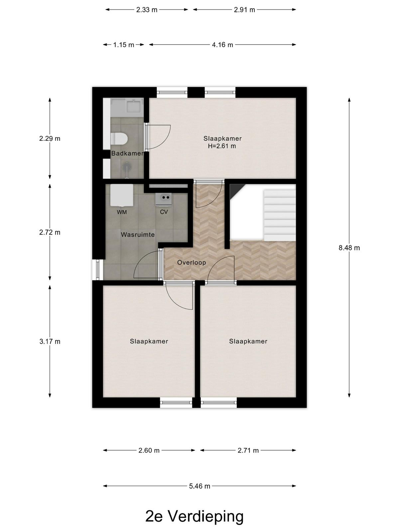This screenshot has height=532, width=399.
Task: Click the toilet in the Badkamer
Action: pos(119,139)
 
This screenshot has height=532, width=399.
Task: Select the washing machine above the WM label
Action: pos(122,196)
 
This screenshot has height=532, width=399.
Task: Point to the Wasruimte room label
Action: pos(138,235)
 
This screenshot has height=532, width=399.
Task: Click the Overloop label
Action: pos(192,262)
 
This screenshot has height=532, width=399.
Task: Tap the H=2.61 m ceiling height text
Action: pos(222,146)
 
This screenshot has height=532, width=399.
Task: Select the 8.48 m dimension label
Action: pos(349,248)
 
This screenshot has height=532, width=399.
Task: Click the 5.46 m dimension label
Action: pos(199,486)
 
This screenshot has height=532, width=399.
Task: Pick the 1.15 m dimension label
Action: pos(124,45)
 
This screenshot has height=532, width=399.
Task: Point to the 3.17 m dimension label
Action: pos(50,341)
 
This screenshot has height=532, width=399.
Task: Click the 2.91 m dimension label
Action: pos(244,10)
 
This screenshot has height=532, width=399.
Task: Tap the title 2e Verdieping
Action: pos(194,516)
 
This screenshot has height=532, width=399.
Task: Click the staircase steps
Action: pos(280,215)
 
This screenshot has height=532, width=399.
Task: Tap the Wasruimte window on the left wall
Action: pos(98,270)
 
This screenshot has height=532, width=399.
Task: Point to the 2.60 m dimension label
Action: pos(149,451)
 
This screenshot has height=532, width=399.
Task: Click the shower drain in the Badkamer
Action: pos(126,167)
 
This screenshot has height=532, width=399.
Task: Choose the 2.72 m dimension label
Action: pos(50,232)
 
